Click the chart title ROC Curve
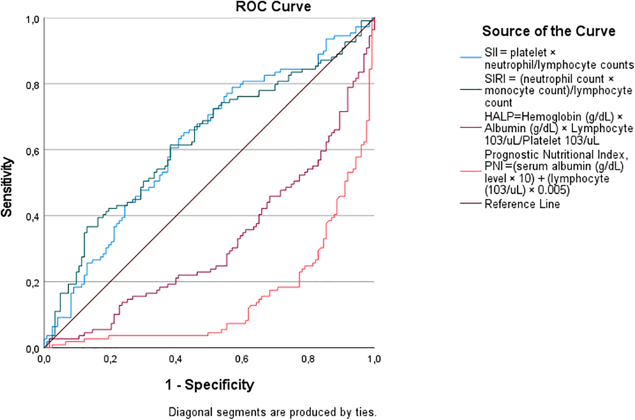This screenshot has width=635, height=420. pyautogui.click(x=273, y=7)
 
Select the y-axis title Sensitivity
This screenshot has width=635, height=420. pyautogui.click(x=7, y=187)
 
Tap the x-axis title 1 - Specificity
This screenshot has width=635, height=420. pyautogui.click(x=210, y=385)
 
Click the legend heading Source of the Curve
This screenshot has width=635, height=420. pyautogui.click(x=549, y=31)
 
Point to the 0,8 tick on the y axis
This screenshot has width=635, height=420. pyautogui.click(x=32, y=86)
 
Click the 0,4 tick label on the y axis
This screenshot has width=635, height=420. pyautogui.click(x=32, y=217)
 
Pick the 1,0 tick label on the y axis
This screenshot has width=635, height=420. pyautogui.click(x=32, y=20)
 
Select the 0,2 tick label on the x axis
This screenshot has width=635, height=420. pyautogui.click(x=110, y=359)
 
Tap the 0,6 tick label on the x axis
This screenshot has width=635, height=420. pyautogui.click(x=242, y=359)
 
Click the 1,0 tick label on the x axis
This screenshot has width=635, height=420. pyautogui.click(x=374, y=359)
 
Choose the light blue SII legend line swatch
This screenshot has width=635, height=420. pyautogui.click(x=470, y=57)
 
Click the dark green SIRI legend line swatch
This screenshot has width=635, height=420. pyautogui.click(x=470, y=90)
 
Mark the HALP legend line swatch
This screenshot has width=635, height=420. pyautogui.click(x=470, y=127)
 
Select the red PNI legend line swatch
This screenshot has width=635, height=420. pyautogui.click(x=470, y=171)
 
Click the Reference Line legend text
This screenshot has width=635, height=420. pyautogui.click(x=522, y=204)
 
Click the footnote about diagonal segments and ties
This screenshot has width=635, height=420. pyautogui.click(x=272, y=412)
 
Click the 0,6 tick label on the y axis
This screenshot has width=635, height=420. pyautogui.click(x=32, y=151)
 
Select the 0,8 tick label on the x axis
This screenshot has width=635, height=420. pyautogui.click(x=308, y=359)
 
